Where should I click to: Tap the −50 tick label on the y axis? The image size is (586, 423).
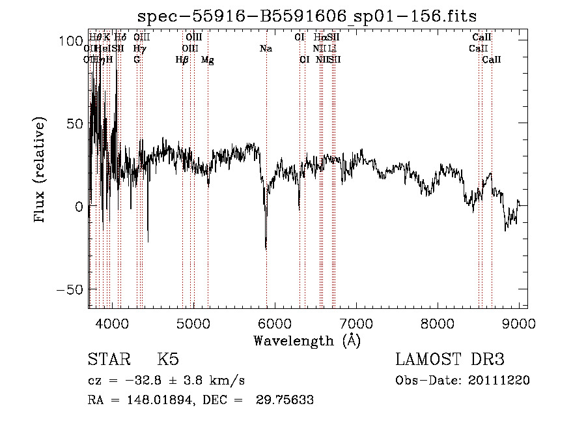(71, 289)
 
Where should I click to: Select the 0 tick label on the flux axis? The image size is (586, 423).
(78, 206)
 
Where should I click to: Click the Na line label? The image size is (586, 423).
(266, 49)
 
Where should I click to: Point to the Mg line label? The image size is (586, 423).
(208, 60)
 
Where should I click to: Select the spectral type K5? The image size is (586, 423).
(167, 360)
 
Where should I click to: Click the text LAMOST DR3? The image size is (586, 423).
(450, 360)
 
